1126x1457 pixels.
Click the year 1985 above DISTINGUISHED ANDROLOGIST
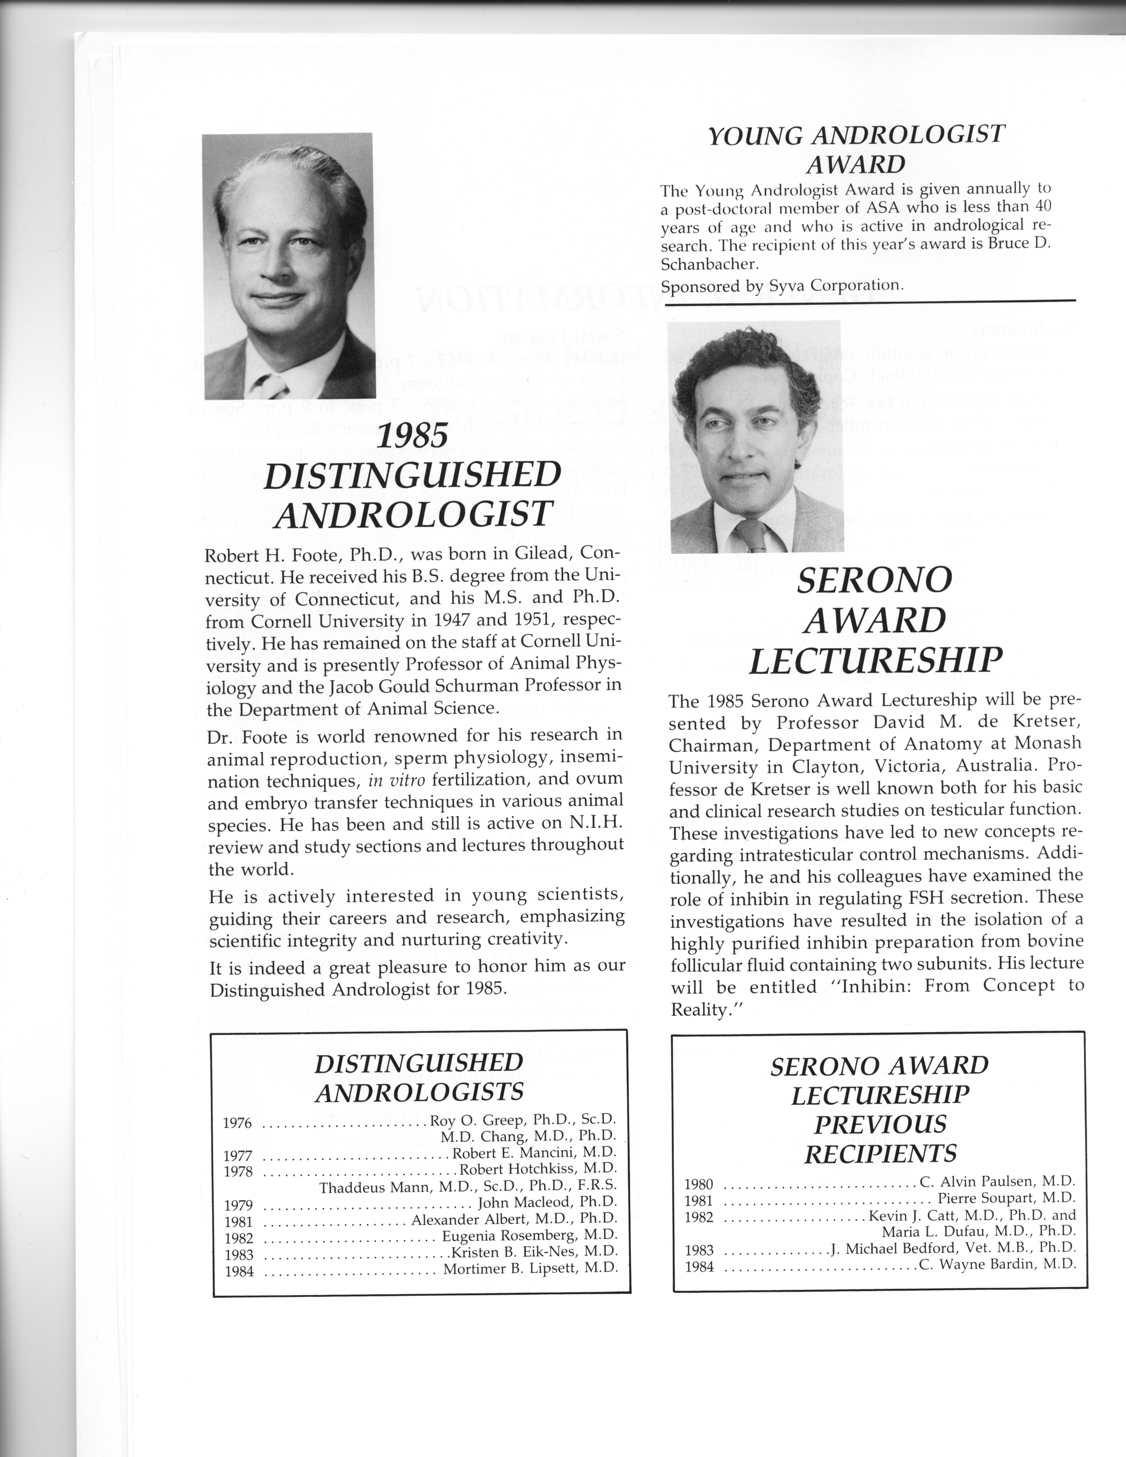412,437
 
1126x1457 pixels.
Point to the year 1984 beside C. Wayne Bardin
699,1267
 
